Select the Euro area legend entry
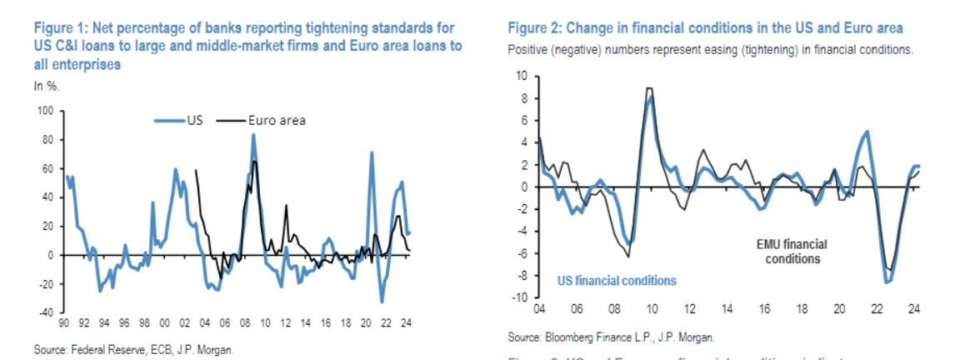[277, 120]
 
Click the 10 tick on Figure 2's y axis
[522, 76]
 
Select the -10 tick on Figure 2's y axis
[520, 297]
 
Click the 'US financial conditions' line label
[617, 280]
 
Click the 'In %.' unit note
[46, 86]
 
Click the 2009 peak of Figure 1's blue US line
[253, 134]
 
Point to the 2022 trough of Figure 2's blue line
[886, 282]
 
